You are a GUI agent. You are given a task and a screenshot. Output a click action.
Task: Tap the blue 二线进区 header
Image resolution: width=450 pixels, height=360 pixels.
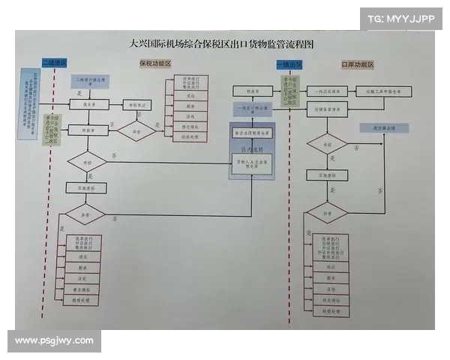54,63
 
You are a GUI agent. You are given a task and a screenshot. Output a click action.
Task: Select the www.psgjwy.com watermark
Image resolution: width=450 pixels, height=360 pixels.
54,340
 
